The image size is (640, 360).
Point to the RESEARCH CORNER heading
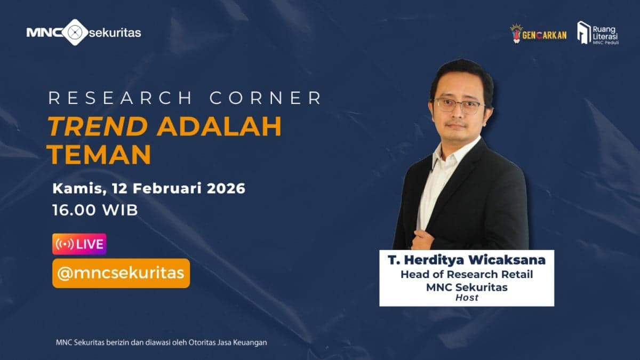(185, 99)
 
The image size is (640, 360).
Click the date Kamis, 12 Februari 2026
(149, 188)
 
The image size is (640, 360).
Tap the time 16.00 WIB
(95, 210)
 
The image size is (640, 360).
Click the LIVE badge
(79, 244)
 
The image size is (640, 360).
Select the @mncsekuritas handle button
(121, 273)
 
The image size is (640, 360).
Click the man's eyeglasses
(459, 105)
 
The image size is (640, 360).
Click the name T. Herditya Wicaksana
(467, 261)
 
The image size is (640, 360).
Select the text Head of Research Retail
(467, 275)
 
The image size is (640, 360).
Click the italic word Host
(467, 298)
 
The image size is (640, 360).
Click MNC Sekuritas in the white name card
(467, 287)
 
